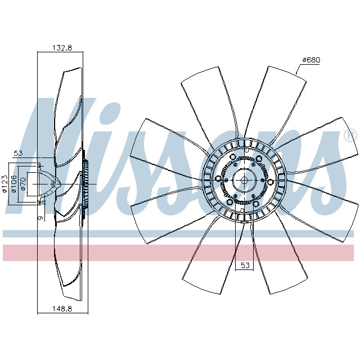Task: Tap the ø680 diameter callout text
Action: tap(310, 60)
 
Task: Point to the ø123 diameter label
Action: tap(4, 184)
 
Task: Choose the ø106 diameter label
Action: tap(14, 184)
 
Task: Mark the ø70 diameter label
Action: tap(23, 184)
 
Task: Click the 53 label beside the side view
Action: tap(17, 153)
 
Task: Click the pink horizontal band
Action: tap(180, 253)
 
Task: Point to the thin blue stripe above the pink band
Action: tap(180, 233)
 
